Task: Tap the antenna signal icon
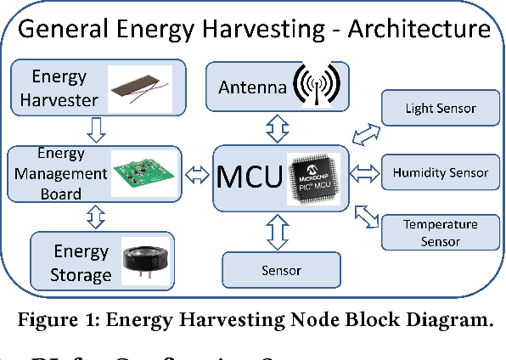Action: coord(318,87)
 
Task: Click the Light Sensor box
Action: coord(440,108)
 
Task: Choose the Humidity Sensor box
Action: coord(440,172)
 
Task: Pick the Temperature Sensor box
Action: coord(440,233)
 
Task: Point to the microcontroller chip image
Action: coord(318,177)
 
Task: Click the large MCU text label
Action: coord(251,177)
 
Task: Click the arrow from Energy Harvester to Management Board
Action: coord(96,129)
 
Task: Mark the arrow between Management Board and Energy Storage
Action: coord(96,218)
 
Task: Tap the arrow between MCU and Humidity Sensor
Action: coord(365,173)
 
